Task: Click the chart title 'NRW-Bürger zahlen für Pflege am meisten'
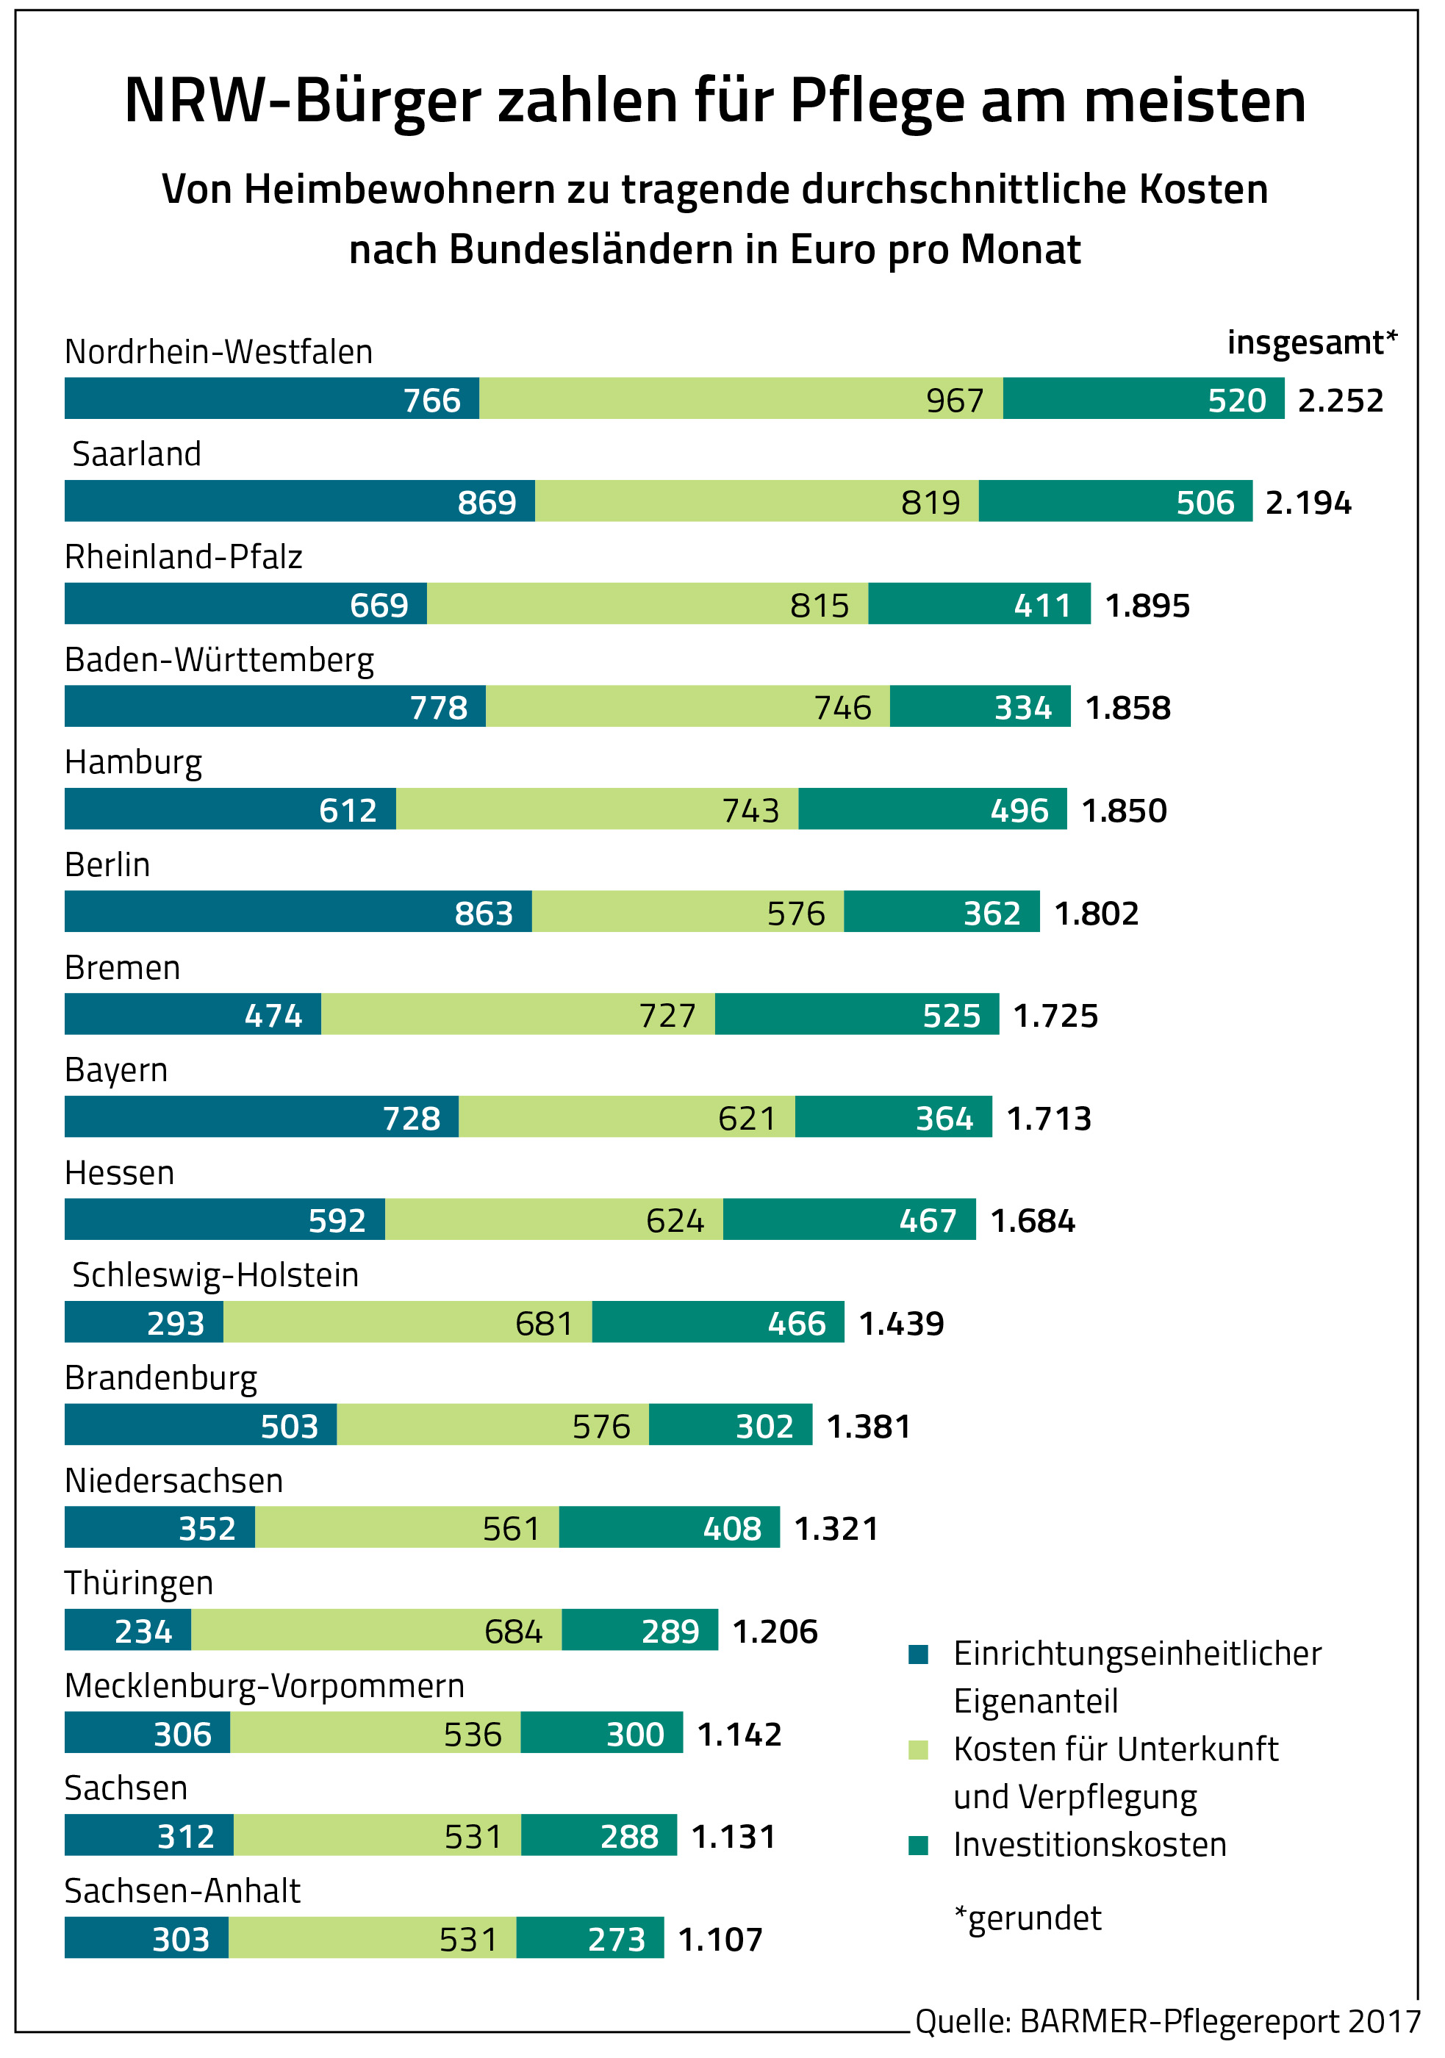714,101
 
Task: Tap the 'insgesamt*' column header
1311,343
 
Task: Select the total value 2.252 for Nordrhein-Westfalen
1340,400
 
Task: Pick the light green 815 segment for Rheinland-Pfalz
648,604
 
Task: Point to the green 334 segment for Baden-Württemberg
980,706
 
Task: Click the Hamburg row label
134,763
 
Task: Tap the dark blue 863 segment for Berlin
298,911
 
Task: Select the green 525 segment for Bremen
856,1014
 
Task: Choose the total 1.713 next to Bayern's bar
1049,1118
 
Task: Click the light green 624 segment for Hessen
554,1220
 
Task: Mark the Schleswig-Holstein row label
215,1274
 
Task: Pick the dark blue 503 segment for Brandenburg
201,1425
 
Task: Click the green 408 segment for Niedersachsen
669,1527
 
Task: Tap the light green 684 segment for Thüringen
376,1630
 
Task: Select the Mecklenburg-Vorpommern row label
265,1686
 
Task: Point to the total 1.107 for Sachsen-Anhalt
720,1939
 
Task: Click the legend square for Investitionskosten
918,1845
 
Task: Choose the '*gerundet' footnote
1028,1918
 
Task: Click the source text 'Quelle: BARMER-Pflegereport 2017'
1167,2022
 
